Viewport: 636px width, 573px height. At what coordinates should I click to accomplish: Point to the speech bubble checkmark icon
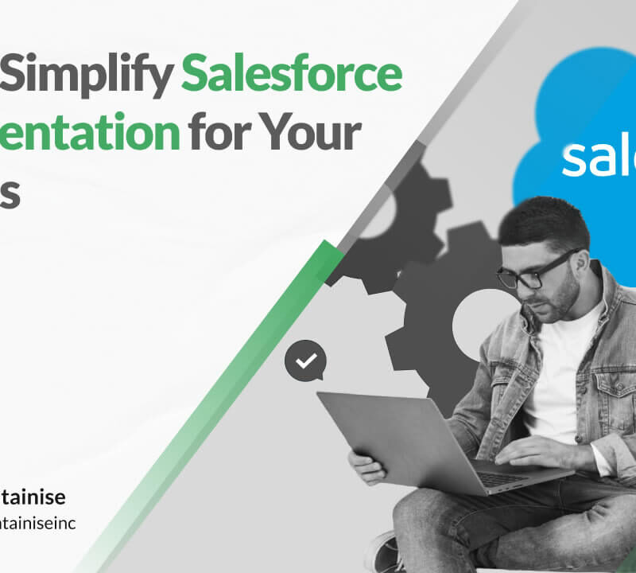(x=305, y=361)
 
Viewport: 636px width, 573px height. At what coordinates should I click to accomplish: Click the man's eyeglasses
(x=534, y=272)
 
